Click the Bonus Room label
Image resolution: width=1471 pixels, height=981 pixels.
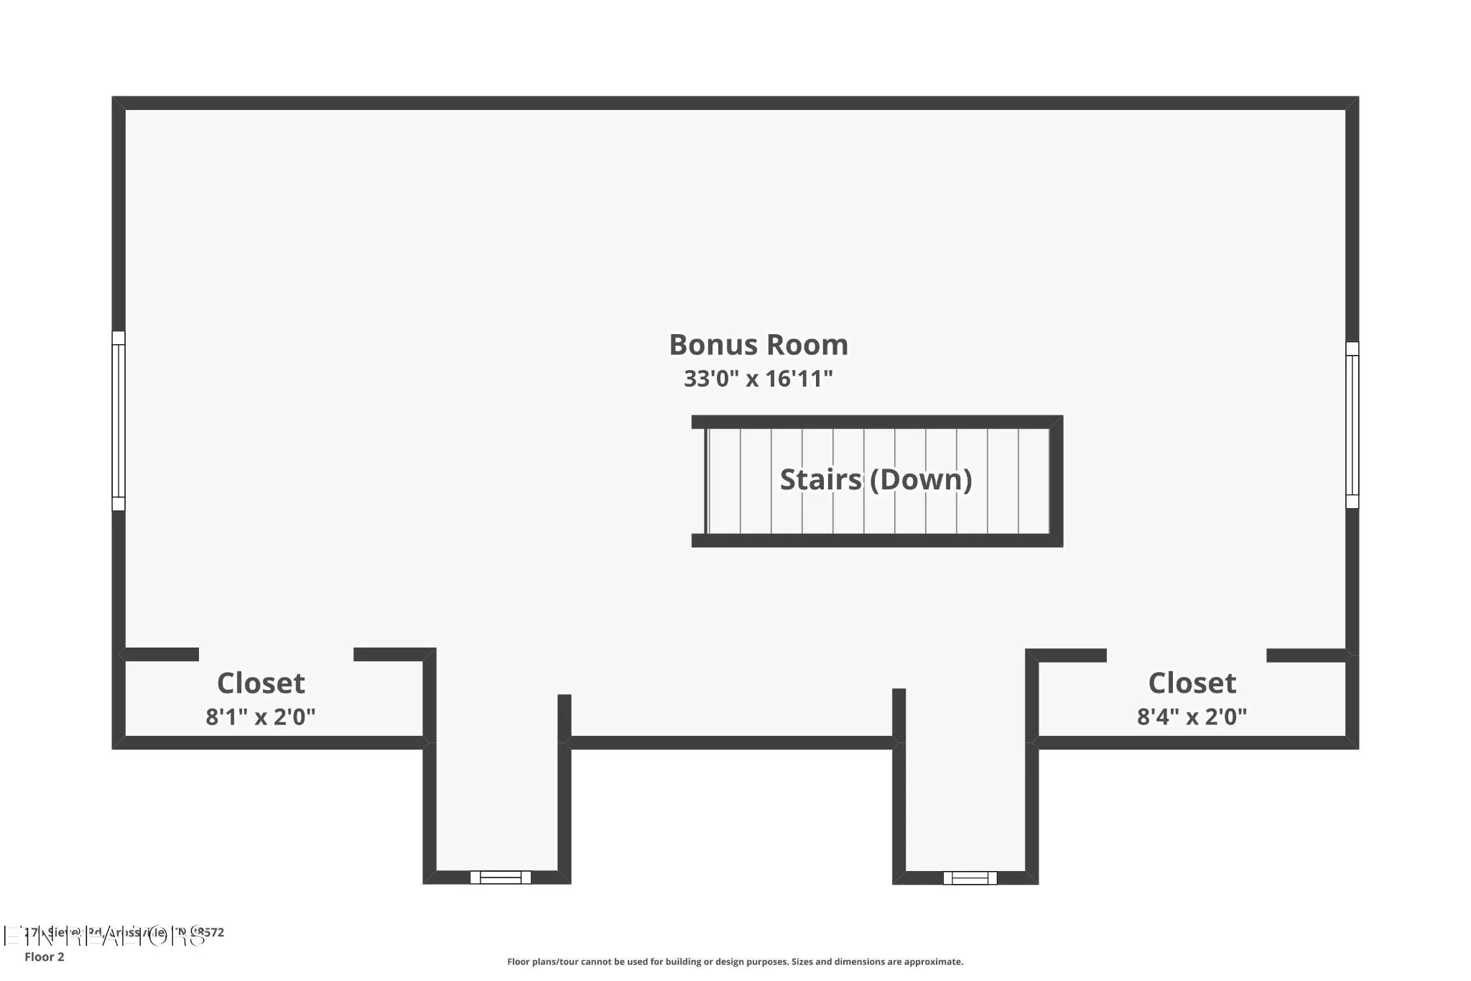(x=758, y=345)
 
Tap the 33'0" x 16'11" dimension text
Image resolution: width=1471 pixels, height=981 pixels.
(x=758, y=379)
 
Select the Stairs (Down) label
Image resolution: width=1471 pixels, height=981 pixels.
(x=876, y=480)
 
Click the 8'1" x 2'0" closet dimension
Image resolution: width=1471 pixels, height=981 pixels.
(x=261, y=717)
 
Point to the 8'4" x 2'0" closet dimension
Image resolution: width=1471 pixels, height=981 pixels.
(x=1192, y=717)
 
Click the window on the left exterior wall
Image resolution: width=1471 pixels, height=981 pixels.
(x=119, y=420)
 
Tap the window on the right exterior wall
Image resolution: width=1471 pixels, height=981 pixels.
(x=1352, y=425)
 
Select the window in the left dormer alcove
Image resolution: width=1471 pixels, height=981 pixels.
(x=501, y=877)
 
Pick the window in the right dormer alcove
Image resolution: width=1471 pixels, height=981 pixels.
(x=970, y=878)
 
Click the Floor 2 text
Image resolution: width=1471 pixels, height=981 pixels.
(x=45, y=957)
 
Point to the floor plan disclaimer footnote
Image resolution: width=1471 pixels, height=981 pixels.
(x=735, y=962)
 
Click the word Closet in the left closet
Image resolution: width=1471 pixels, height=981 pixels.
(x=261, y=683)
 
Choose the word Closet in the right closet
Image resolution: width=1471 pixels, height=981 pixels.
(x=1192, y=683)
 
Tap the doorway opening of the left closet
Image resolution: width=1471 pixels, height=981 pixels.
(x=276, y=654)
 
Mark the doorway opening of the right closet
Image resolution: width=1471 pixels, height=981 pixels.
(x=1186, y=655)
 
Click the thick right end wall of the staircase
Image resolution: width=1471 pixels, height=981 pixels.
(x=1056, y=481)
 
